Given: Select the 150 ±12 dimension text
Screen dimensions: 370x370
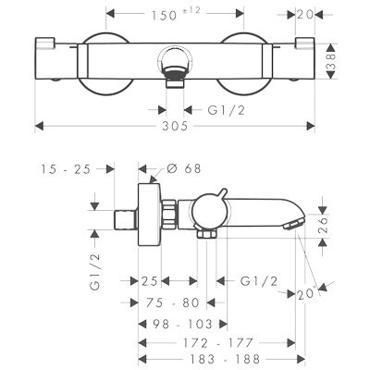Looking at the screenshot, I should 176,15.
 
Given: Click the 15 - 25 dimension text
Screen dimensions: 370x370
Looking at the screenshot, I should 67,169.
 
